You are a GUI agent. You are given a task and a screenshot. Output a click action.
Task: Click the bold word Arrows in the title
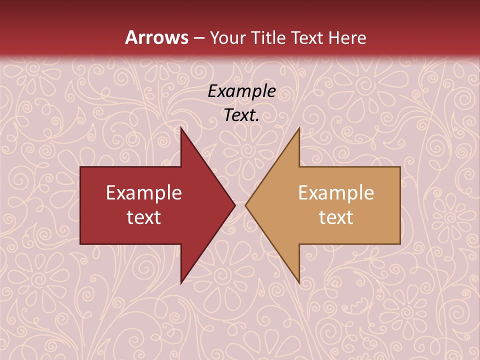[157, 37]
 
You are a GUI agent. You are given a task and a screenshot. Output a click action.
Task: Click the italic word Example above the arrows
[242, 91]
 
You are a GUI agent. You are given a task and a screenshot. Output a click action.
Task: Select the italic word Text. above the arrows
[242, 115]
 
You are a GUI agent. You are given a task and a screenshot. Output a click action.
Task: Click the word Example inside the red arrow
[144, 193]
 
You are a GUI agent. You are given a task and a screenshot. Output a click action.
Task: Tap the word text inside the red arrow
[144, 217]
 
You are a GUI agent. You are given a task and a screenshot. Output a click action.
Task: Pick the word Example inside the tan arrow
[336, 193]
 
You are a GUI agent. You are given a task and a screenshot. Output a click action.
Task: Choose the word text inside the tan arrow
[336, 217]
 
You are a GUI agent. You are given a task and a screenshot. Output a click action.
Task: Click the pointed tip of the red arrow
[234, 205]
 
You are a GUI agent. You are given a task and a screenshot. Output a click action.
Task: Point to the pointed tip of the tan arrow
[245, 205]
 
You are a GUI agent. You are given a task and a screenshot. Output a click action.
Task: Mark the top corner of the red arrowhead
[181, 128]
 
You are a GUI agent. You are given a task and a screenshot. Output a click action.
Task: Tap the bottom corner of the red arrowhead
[181, 283]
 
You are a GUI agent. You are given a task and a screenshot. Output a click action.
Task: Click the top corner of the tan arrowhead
[299, 128]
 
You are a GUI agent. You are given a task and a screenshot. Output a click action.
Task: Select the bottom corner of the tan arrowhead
[299, 283]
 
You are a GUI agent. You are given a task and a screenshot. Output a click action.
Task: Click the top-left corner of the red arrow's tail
[80, 167]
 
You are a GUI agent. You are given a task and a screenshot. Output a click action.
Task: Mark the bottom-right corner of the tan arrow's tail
[400, 244]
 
